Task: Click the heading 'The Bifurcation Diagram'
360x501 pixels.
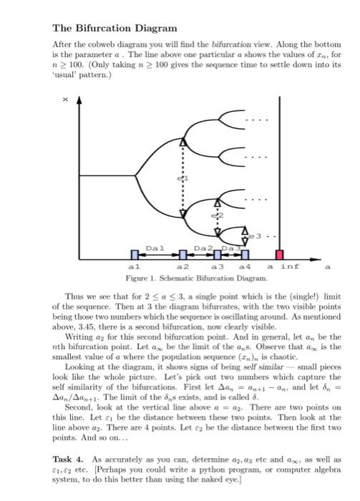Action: tap(115, 29)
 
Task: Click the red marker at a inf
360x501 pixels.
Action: tap(280, 254)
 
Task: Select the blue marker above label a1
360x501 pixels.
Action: tap(133, 254)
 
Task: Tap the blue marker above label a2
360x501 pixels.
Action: tap(183, 254)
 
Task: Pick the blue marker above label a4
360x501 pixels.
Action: tap(245, 254)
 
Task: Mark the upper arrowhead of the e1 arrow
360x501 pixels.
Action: tap(183, 144)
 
